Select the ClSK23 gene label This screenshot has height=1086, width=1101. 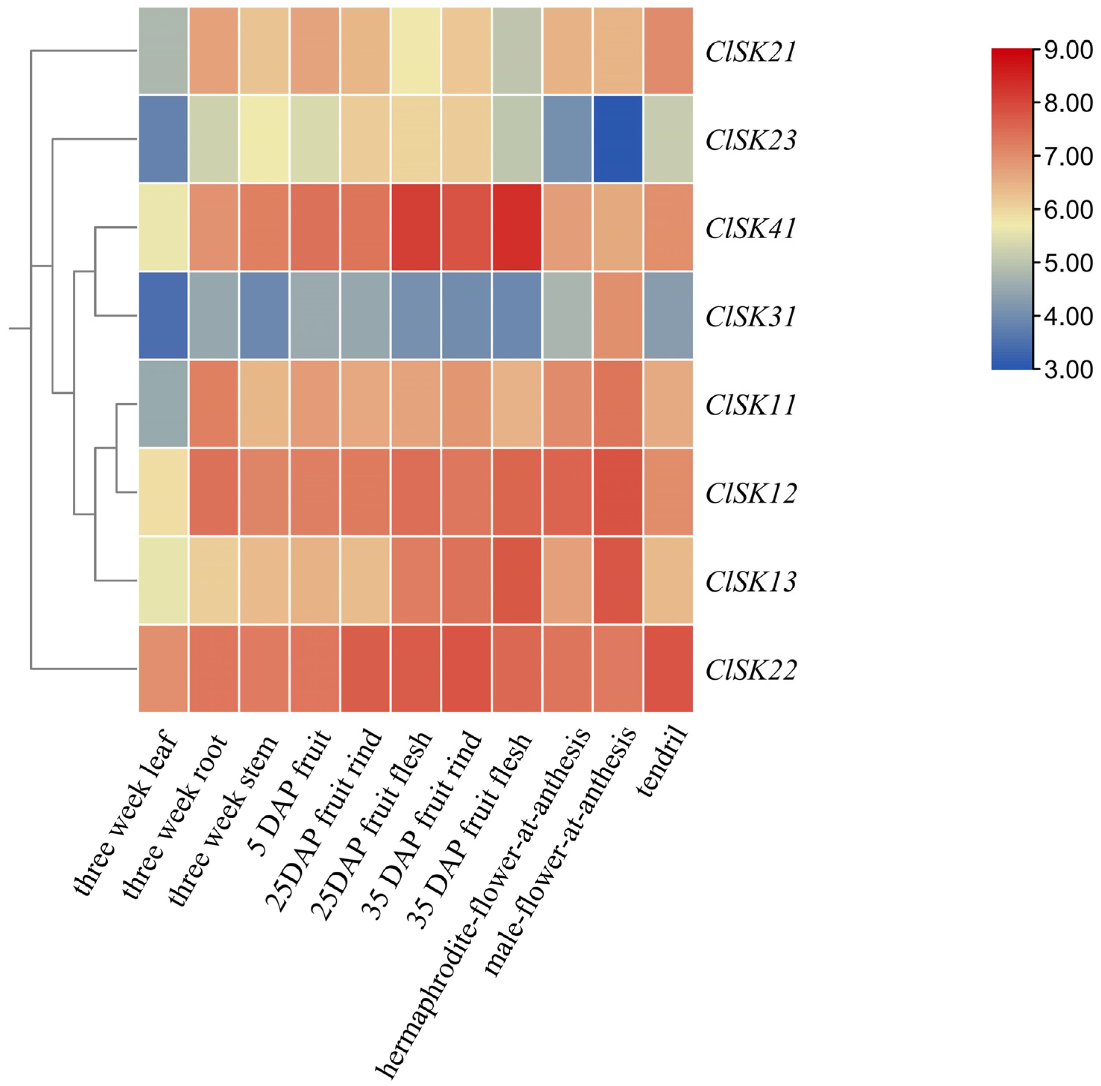(751, 140)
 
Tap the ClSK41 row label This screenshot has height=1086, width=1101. (751, 229)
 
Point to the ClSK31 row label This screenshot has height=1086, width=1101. (751, 317)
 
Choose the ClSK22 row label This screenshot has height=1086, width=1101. (751, 670)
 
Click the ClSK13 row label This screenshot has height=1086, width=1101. (751, 582)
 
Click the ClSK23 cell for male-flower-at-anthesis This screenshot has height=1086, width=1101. (618, 139)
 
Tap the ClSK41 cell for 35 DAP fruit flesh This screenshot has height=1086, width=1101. (517, 227)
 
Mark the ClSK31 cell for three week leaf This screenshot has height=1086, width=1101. (164, 316)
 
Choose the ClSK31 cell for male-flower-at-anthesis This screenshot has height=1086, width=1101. (618, 316)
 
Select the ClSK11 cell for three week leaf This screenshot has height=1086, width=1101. (164, 404)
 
